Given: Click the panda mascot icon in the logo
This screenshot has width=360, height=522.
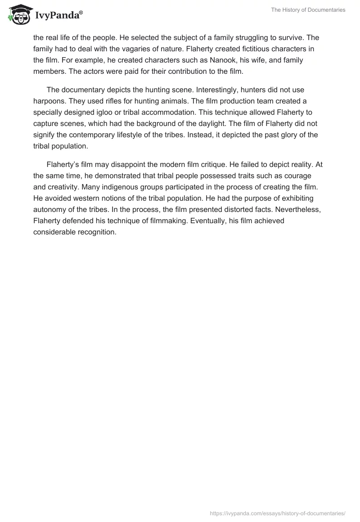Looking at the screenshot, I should click(x=18, y=14).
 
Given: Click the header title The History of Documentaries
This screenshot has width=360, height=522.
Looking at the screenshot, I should click(x=308, y=10).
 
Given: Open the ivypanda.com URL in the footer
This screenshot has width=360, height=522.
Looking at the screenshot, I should click(x=278, y=513).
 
